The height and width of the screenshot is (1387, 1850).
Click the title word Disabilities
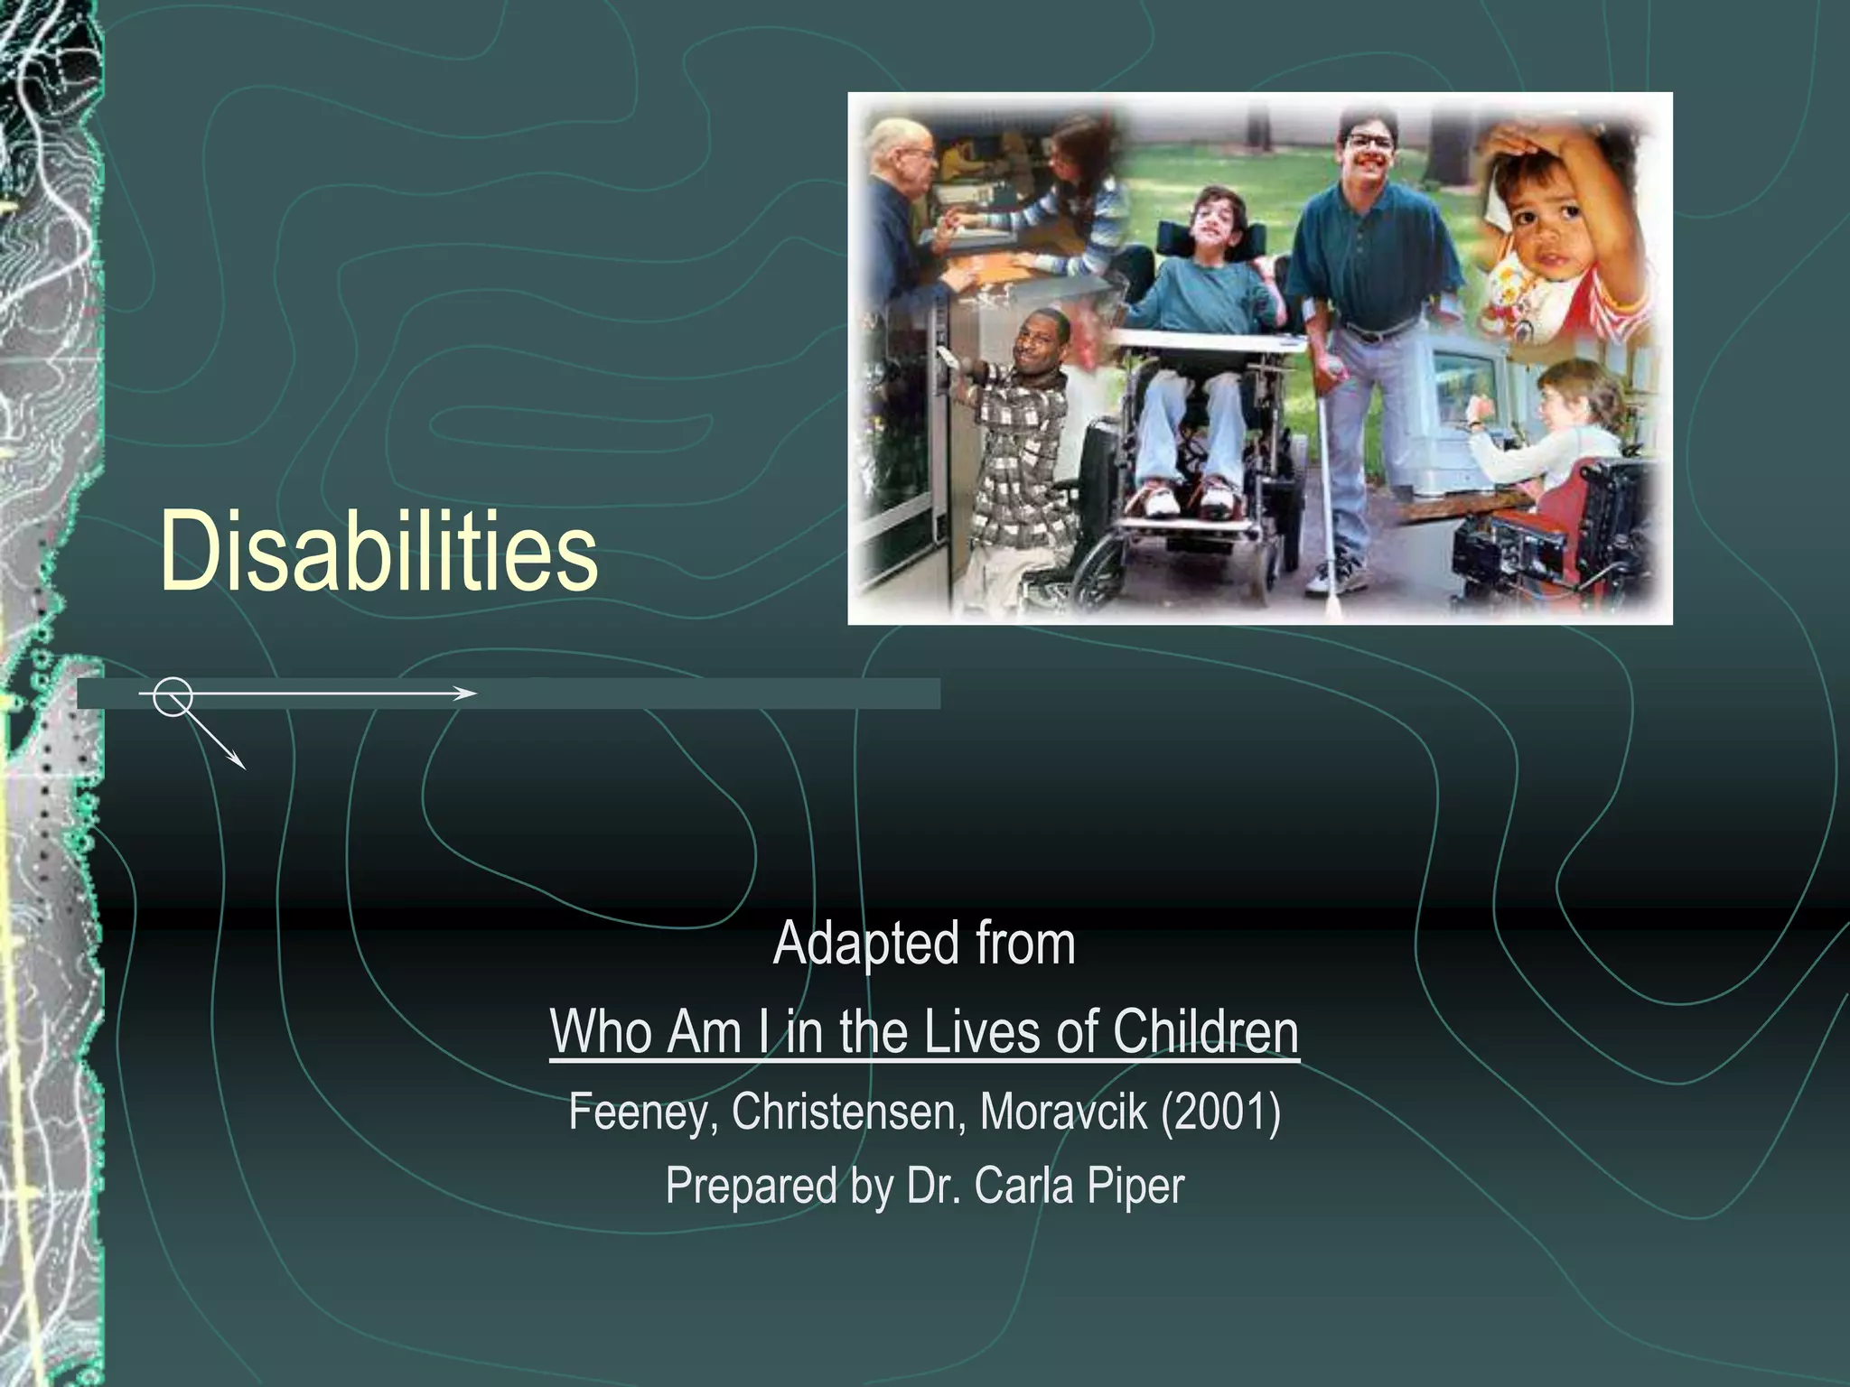(x=378, y=551)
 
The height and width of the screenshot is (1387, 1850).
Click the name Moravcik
(x=1063, y=1112)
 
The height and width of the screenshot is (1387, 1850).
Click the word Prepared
(x=751, y=1186)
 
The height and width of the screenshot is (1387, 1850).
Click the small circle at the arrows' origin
(x=172, y=696)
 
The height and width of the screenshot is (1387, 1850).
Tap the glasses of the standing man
(x=1370, y=141)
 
